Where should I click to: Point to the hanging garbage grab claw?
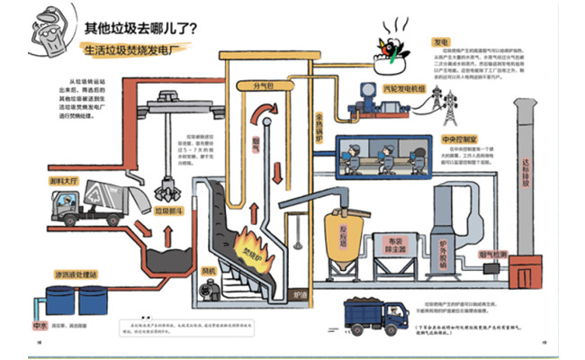click(x=166, y=186)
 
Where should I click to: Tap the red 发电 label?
click(x=441, y=41)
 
